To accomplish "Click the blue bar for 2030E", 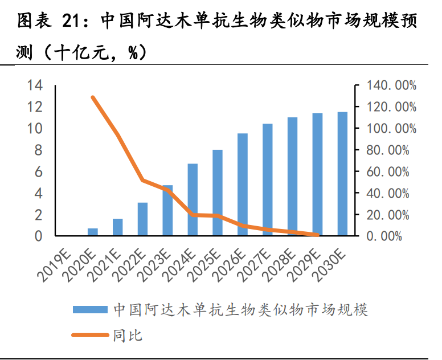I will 342,174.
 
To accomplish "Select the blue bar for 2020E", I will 92,232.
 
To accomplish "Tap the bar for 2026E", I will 243,185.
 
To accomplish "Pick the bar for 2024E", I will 193,199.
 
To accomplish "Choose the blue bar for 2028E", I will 292,177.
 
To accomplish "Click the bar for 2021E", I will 117,227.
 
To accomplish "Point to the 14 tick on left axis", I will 35,85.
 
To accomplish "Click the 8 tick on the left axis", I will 38,150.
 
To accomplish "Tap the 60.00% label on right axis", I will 394,171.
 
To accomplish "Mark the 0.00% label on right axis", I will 397,236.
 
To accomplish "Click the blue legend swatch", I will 89,310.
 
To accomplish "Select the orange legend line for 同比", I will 89,336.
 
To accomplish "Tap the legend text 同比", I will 128,336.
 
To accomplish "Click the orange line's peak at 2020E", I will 92,97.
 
